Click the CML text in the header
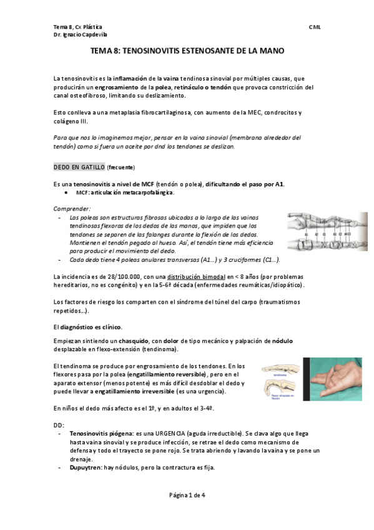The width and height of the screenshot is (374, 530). (x=315, y=27)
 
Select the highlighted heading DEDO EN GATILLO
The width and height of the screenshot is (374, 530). (x=79, y=167)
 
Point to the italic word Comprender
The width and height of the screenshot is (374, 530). (x=72, y=208)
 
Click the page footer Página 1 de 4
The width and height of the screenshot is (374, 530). (x=187, y=495)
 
